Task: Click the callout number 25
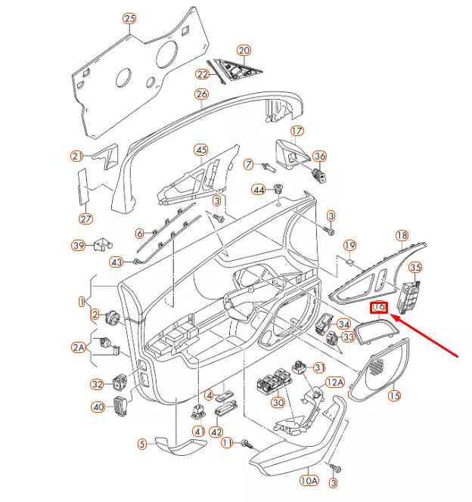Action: click(129, 18)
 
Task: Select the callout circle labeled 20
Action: click(244, 51)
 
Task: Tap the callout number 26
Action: click(201, 95)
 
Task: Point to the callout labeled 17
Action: click(297, 131)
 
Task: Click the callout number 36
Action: click(320, 156)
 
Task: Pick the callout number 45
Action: click(201, 150)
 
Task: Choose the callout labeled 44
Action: click(259, 190)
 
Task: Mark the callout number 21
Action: click(77, 156)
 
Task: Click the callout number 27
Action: click(85, 219)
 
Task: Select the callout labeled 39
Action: click(79, 245)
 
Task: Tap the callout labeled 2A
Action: click(79, 347)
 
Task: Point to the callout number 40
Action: click(98, 407)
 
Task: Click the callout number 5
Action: click(141, 444)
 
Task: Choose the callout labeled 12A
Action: click(335, 383)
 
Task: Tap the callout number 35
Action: click(415, 267)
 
